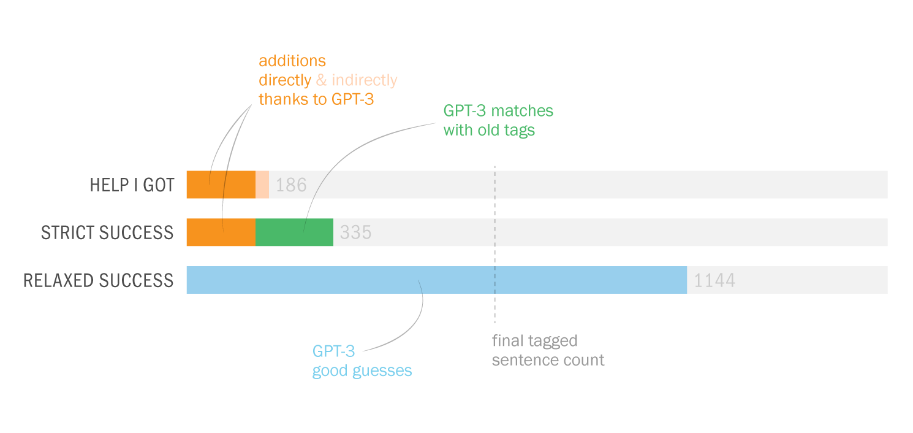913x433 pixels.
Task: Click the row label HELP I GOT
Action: pos(132,185)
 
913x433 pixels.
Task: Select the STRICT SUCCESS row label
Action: pos(107,232)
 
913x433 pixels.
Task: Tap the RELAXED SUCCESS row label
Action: pos(98,280)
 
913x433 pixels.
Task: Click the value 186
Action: pos(291,185)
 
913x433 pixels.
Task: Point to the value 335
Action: pos(355,232)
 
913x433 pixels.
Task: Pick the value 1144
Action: pos(714,280)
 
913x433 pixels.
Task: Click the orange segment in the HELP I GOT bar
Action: pos(221,185)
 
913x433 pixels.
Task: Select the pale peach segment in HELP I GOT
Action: pos(262,185)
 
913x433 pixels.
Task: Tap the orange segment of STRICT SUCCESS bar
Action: pos(221,232)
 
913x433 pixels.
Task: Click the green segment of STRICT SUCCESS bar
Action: pos(294,232)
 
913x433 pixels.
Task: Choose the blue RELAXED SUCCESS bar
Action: pos(436,280)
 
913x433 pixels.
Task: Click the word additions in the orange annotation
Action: pos(292,61)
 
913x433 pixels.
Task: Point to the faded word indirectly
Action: pos(365,80)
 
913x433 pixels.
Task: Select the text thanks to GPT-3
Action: pos(316,99)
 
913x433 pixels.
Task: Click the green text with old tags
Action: pos(489,131)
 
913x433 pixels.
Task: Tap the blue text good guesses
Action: pos(362,371)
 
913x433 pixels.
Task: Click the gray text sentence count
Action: pos(548,360)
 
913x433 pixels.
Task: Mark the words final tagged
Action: pos(534,341)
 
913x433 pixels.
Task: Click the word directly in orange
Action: pos(285,80)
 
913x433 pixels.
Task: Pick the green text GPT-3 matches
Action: pos(498,110)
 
